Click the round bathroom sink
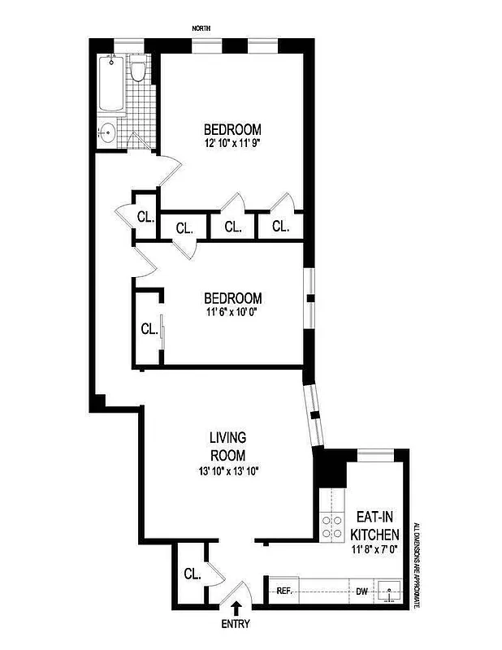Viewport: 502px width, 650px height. coord(107,132)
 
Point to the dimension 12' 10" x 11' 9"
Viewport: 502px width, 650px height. coord(232,143)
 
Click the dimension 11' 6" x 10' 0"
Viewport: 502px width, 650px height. coord(232,311)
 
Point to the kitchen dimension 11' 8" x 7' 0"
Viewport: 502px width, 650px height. coord(374,551)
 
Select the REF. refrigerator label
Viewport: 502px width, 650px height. coord(284,591)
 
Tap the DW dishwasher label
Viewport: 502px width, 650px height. coord(361,591)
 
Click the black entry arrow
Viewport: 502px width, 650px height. coord(236,606)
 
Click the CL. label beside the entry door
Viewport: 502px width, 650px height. coord(192,574)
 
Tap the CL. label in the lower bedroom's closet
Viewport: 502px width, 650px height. coord(149,329)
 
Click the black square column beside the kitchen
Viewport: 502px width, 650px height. coord(330,469)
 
